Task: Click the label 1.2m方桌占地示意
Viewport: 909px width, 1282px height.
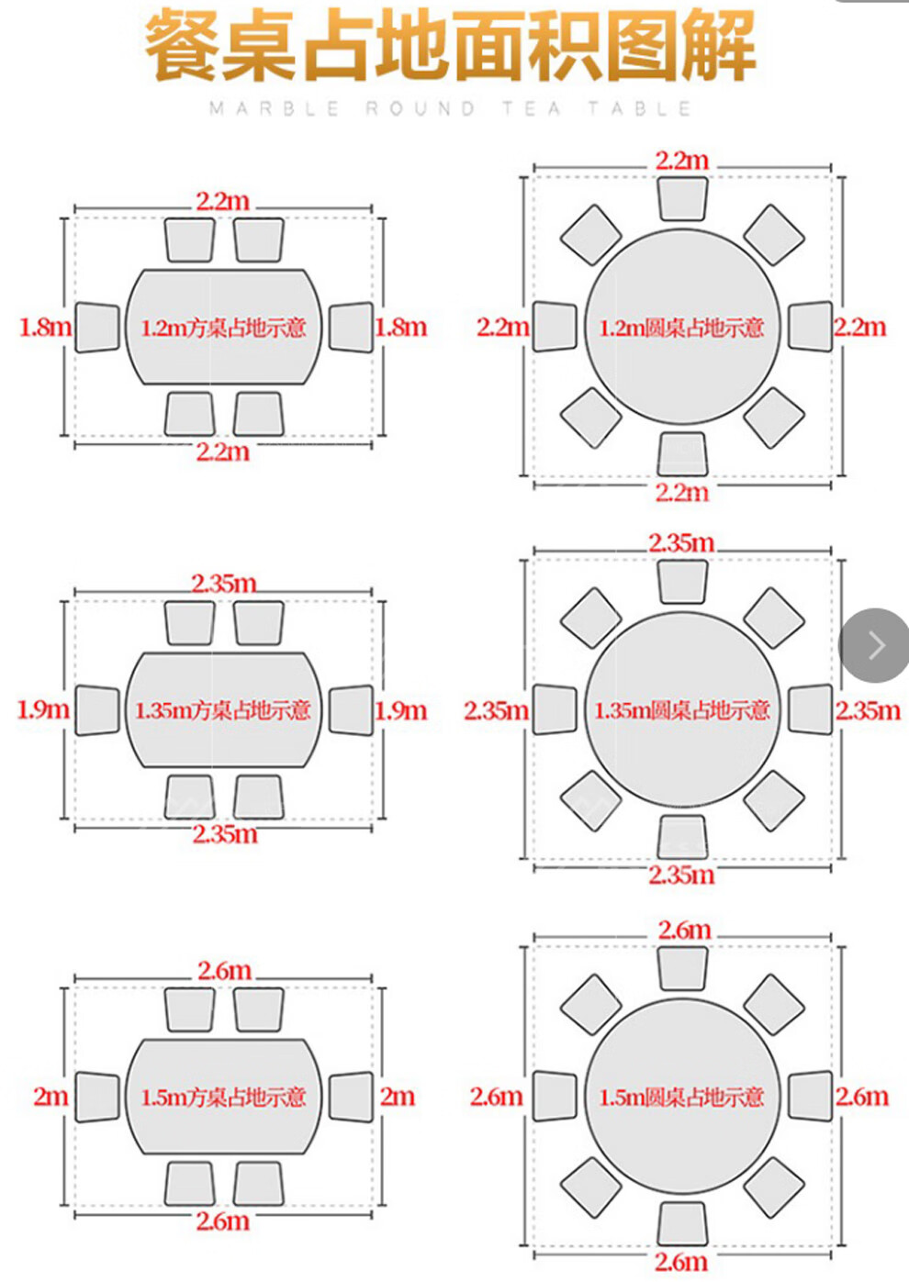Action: (x=223, y=328)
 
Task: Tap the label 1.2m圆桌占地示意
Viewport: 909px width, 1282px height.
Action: (x=681, y=328)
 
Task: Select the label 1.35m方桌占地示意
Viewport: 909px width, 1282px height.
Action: (x=223, y=710)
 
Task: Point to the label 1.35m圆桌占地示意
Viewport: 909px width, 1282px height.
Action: (x=681, y=710)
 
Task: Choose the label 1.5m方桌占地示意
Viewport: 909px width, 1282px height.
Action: (x=223, y=1098)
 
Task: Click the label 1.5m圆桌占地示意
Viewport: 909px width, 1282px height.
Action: (x=681, y=1098)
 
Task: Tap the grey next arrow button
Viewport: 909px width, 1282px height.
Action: (x=875, y=645)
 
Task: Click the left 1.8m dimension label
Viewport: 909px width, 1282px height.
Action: (x=46, y=328)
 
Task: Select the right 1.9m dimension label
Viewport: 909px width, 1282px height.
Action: (x=401, y=710)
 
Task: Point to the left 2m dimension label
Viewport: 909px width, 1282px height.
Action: (x=50, y=1097)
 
